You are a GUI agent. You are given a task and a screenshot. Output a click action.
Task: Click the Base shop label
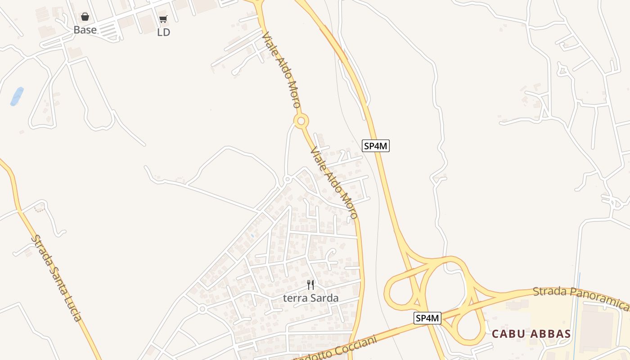pyautogui.click(x=85, y=30)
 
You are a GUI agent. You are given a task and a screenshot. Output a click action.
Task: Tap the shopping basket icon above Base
pyautogui.click(x=85, y=17)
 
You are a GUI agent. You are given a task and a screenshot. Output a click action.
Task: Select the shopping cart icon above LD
pyautogui.click(x=163, y=19)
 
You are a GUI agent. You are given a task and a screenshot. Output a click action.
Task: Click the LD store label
pyautogui.click(x=164, y=32)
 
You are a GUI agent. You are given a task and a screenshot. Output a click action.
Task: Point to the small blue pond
pyautogui.click(x=17, y=96)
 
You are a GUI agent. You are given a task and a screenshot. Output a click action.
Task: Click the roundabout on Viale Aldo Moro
pyautogui.click(x=301, y=121)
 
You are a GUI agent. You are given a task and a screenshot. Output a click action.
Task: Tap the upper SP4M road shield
pyautogui.click(x=376, y=146)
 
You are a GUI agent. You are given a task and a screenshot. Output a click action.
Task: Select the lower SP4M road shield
pyautogui.click(x=427, y=318)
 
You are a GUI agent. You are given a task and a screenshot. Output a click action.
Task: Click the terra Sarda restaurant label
pyautogui.click(x=310, y=298)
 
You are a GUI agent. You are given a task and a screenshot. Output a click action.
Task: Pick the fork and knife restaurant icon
pyautogui.click(x=310, y=284)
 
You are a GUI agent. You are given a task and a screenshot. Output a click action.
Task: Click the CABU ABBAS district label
pyautogui.click(x=531, y=334)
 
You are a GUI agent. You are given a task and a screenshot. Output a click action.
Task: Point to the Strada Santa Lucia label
pyautogui.click(x=57, y=278)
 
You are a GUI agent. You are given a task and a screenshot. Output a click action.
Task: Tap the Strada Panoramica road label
pyautogui.click(x=580, y=297)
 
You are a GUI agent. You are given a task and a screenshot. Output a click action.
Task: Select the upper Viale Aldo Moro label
pyautogui.click(x=281, y=69)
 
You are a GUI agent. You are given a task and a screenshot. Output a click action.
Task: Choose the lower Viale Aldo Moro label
pyautogui.click(x=334, y=182)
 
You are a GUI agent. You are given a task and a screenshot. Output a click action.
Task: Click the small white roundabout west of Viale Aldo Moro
pyautogui.click(x=287, y=180)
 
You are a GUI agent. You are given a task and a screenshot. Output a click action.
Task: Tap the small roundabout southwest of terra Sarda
pyautogui.click(x=202, y=309)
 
